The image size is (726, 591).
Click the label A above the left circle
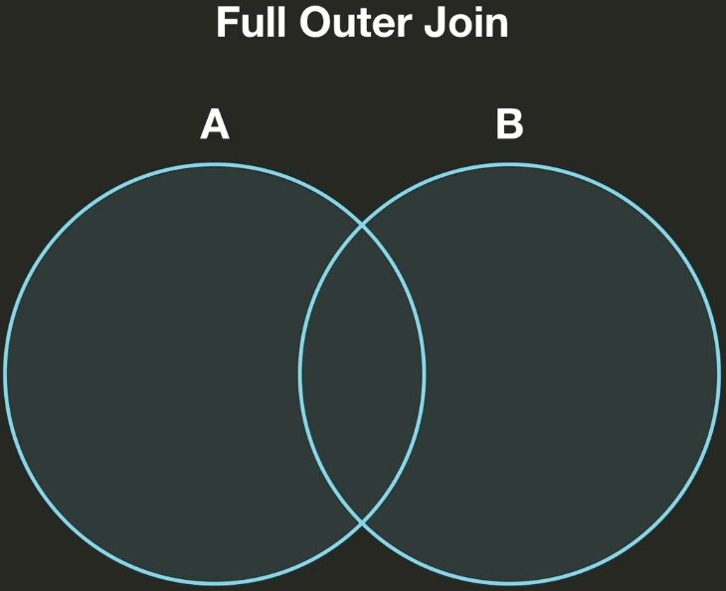click(x=215, y=125)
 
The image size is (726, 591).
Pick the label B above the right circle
click(x=509, y=125)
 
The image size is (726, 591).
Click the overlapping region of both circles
click(x=362, y=374)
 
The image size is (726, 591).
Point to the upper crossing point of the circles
click(x=362, y=226)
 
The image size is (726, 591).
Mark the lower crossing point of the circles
click(x=362, y=521)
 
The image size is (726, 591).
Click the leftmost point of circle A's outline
click(x=5, y=374)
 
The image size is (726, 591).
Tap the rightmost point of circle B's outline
click(x=719, y=374)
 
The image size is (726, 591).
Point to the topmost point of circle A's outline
click(x=215, y=164)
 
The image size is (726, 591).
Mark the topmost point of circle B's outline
click(x=509, y=164)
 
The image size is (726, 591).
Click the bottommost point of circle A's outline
click(x=215, y=584)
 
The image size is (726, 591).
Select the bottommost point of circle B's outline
click(x=509, y=584)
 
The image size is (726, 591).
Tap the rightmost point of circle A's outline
click(x=425, y=374)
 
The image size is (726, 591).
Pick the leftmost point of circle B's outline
click(x=300, y=374)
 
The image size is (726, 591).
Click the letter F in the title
click(x=226, y=23)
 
